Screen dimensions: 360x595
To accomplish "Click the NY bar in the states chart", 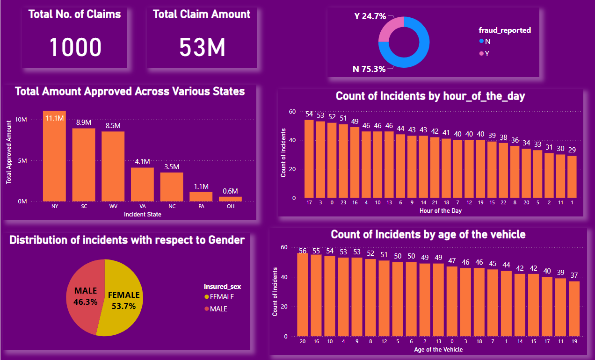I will [54, 157].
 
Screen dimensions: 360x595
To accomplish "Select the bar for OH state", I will [231, 199].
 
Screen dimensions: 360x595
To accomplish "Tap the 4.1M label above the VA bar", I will [142, 162].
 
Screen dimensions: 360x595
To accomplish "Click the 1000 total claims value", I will [75, 47].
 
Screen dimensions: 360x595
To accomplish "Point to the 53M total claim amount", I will [202, 47].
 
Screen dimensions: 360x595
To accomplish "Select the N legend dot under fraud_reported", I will [481, 41].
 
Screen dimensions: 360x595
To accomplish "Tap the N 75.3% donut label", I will [369, 69].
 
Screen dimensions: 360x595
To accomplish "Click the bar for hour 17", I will [309, 159].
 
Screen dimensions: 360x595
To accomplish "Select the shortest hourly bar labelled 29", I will [572, 176].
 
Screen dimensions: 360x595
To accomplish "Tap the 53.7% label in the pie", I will [123, 306].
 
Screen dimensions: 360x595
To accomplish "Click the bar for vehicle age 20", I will [303, 295].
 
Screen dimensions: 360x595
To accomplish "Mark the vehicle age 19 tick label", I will [574, 342].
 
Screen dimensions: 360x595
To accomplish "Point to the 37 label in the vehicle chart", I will [574, 275].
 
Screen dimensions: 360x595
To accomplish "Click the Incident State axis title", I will [142, 214].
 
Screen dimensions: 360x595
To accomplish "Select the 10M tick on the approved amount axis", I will [21, 120].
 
